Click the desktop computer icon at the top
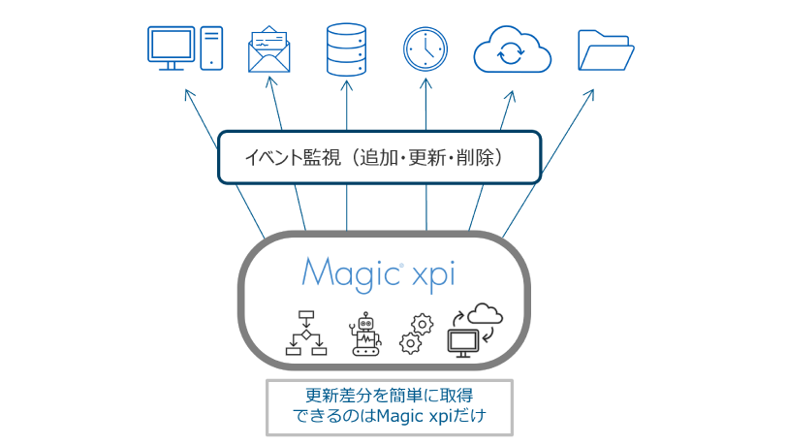click(x=185, y=48)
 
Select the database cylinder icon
click(x=347, y=48)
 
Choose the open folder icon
click(x=606, y=48)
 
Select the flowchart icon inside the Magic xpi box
click(x=307, y=334)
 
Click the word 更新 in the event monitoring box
click(x=426, y=156)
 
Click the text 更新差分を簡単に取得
click(x=389, y=396)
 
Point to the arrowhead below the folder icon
click(x=591, y=94)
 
